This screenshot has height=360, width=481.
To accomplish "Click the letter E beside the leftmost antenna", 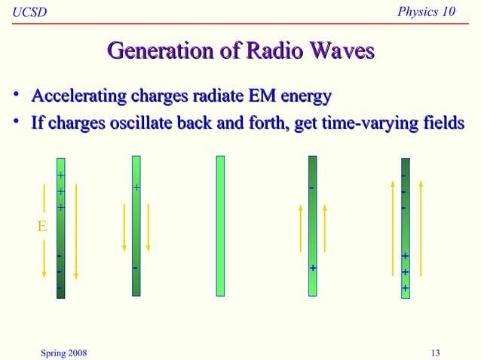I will tap(43, 225).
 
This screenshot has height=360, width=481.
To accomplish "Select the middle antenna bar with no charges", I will tap(220, 225).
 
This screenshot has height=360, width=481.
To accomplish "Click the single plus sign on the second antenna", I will tap(136, 187).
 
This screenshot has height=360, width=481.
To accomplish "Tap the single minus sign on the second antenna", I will tap(136, 267).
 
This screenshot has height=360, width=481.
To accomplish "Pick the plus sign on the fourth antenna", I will tap(313, 268).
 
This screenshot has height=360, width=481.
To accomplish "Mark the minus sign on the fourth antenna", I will tap(312, 188).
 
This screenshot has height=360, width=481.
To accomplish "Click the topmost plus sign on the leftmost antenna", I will tap(61, 175).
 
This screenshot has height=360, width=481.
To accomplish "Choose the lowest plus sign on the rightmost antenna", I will tap(405, 288).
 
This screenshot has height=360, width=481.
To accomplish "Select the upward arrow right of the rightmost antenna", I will tap(421, 230).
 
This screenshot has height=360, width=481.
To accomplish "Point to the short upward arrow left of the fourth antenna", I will tap(300, 229).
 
